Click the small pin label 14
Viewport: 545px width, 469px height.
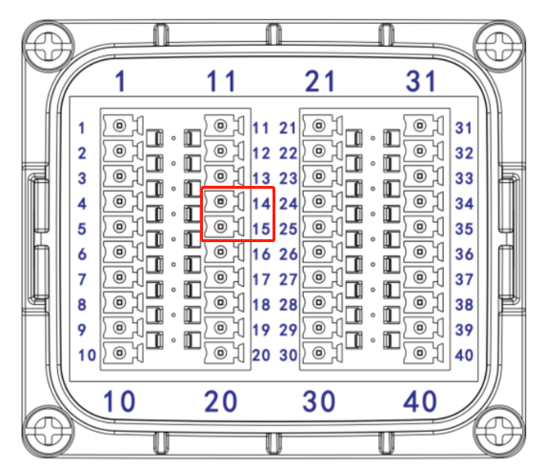pos(261,204)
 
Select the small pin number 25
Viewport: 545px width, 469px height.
pos(288,229)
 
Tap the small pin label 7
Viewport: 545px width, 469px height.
pos(82,279)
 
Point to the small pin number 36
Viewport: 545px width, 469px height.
pos(464,255)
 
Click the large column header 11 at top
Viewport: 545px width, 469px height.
pos(221,81)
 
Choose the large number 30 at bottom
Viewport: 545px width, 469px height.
pos(319,401)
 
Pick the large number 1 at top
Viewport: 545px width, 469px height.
pos(120,81)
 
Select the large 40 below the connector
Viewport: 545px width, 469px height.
pos(420,401)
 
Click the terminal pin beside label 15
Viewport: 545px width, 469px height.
pos(220,227)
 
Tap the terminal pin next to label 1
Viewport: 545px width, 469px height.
pos(120,126)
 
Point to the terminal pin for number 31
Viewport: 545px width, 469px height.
pos(420,126)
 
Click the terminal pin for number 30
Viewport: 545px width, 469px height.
pos(319,353)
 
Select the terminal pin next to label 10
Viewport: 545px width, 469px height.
pos(120,353)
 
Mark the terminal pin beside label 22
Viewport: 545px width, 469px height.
pos(319,151)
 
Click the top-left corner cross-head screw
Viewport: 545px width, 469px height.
pos(49,46)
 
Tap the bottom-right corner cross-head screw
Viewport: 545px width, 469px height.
pos(499,431)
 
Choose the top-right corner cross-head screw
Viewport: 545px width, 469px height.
pos(499,46)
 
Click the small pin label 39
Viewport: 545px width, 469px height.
pos(464,330)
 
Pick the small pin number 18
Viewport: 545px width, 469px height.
pos(261,305)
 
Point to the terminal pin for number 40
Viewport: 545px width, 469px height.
pos(420,353)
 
